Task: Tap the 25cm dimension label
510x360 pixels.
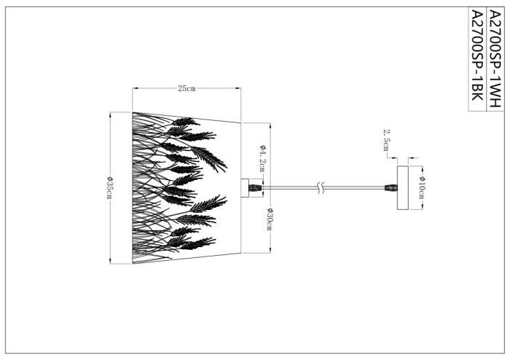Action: click(x=187, y=89)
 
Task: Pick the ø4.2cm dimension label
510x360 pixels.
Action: click(x=261, y=158)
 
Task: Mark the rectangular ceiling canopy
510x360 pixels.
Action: click(x=401, y=188)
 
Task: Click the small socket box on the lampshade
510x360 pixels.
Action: click(x=245, y=188)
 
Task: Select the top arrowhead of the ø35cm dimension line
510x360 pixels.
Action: click(x=109, y=114)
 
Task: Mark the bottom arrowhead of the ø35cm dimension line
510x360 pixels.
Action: click(x=109, y=262)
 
